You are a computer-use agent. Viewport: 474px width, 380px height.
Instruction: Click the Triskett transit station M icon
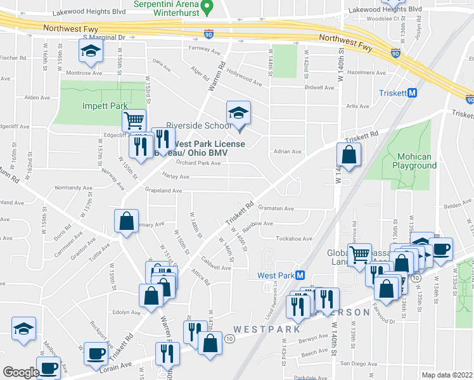coord(412,92)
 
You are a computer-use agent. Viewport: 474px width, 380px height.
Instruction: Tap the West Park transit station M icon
coord(300,275)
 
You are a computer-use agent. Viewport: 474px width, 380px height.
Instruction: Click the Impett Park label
coord(105,106)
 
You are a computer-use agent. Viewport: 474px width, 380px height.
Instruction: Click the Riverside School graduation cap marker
coord(239,114)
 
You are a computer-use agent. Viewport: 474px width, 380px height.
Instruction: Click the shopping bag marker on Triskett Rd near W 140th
coord(349,155)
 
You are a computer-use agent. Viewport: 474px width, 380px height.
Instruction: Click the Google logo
coord(21,372)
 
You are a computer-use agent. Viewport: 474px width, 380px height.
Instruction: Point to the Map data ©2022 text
coord(446,375)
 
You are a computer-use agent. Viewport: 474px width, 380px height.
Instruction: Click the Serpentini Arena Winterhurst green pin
coord(214,4)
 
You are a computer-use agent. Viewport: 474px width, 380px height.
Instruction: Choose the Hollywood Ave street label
coord(245,78)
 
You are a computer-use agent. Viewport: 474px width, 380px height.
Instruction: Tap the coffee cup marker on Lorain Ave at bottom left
coord(49,367)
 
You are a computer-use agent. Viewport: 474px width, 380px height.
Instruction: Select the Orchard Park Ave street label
coord(198,163)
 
